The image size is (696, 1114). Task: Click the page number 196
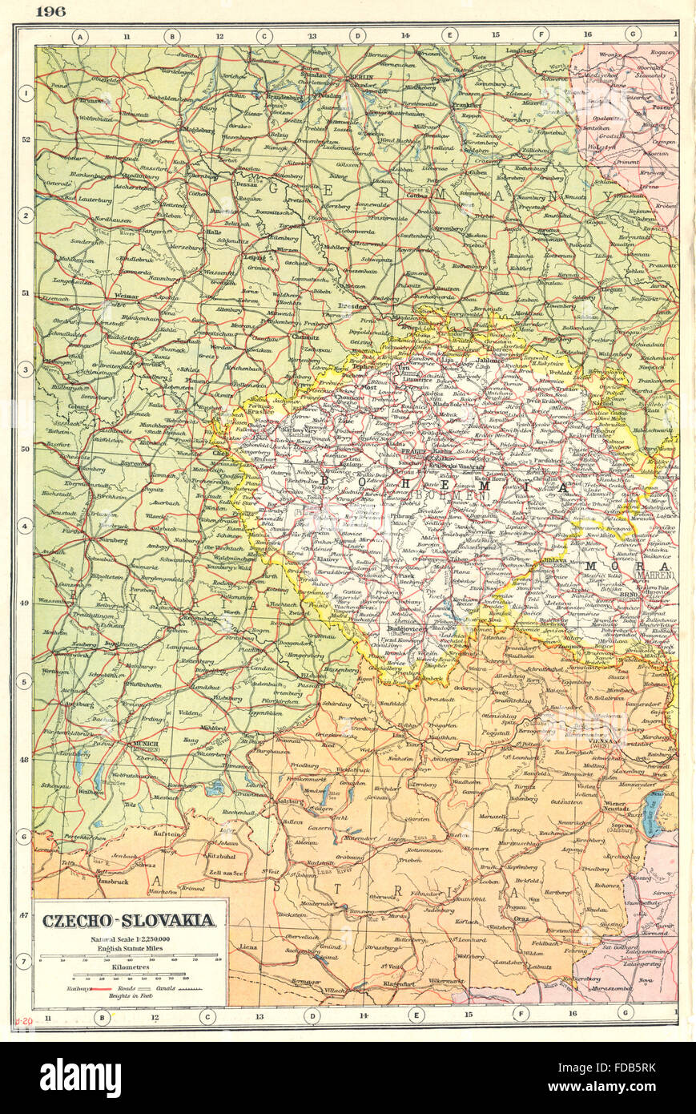point(50,10)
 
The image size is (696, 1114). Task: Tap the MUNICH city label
point(150,744)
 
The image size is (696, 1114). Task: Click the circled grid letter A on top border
point(80,35)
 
